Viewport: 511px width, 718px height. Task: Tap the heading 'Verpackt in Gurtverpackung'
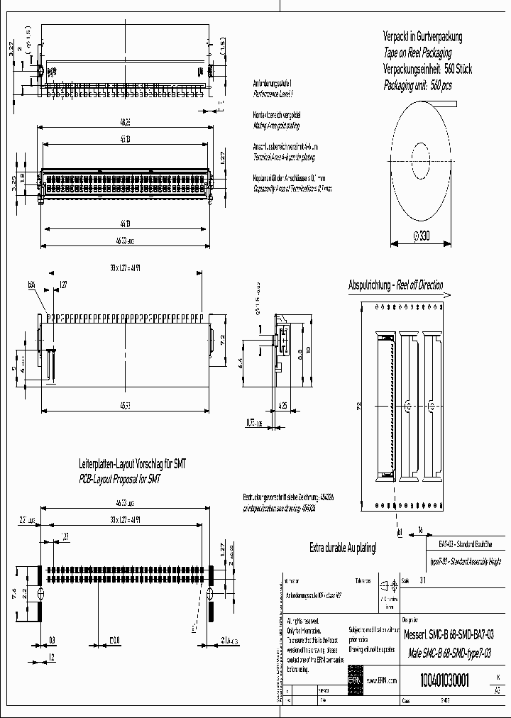(x=422, y=35)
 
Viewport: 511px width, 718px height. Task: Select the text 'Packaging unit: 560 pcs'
(x=417, y=85)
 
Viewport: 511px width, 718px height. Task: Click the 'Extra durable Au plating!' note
(x=343, y=548)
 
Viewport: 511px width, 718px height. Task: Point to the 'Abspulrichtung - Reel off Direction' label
(x=395, y=285)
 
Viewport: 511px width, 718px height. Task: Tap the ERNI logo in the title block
(x=353, y=680)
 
